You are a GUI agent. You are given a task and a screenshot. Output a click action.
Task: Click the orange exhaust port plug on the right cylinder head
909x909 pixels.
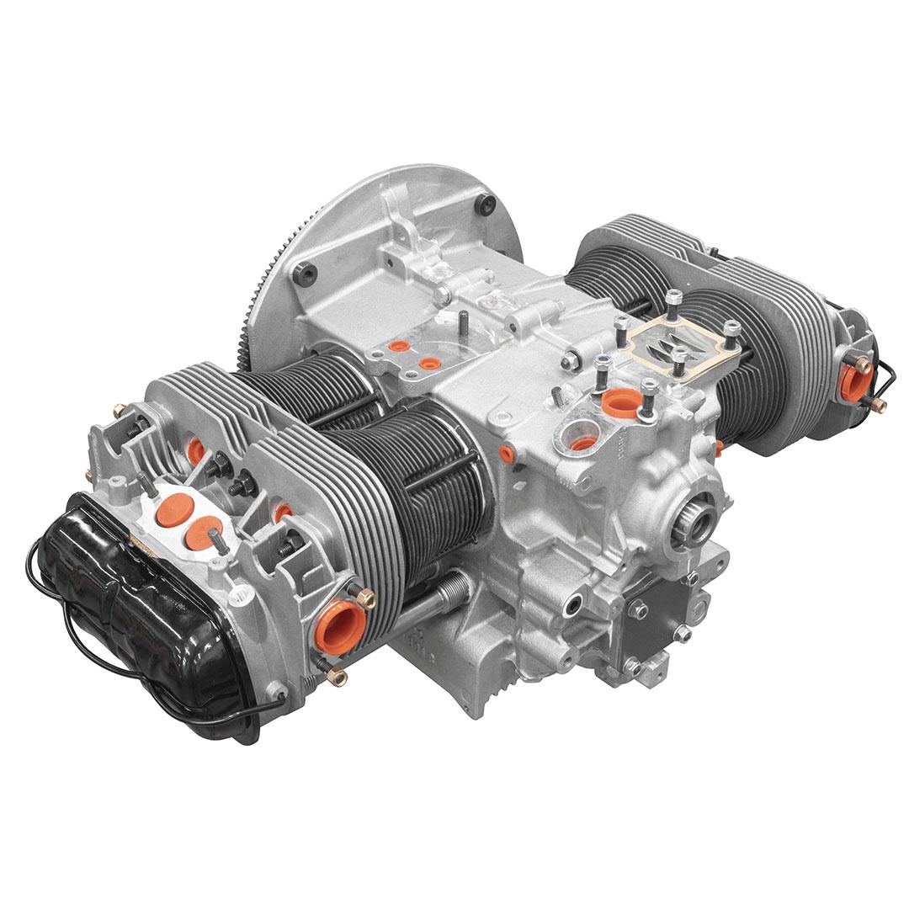click(x=852, y=383)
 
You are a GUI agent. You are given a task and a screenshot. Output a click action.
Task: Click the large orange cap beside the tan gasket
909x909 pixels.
click(x=622, y=403)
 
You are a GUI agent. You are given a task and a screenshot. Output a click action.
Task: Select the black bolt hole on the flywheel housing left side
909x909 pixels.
click(x=305, y=274)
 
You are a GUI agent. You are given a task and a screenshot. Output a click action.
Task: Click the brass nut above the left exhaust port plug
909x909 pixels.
click(x=366, y=598)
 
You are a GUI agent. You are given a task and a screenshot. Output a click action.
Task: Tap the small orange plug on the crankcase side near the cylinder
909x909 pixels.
click(x=506, y=454)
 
